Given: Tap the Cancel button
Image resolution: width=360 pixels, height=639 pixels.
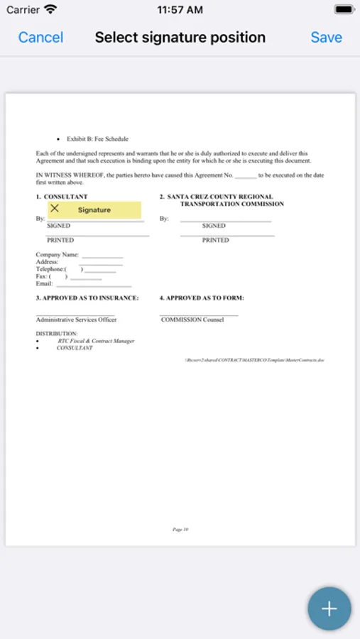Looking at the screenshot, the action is tap(40, 37).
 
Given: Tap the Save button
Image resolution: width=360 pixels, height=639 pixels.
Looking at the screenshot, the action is tap(326, 37).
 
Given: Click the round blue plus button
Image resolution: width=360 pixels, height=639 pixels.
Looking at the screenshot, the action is tap(329, 608).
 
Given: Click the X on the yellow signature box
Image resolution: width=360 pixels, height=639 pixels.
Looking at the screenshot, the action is tap(55, 209).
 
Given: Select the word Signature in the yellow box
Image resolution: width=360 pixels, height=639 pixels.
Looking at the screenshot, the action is tap(94, 210).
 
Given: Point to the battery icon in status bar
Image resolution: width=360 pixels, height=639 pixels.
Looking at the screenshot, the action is tap(343, 10).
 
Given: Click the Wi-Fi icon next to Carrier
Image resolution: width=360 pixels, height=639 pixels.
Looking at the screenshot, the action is tap(50, 10).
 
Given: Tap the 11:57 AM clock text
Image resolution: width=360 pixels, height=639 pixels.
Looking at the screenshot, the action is tap(180, 10).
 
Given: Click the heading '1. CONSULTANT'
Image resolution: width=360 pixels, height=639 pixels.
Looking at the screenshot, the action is tap(62, 197).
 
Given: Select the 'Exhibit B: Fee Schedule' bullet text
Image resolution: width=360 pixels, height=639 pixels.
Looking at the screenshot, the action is tap(97, 139).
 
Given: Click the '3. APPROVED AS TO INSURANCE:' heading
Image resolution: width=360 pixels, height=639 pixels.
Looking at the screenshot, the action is tap(87, 298).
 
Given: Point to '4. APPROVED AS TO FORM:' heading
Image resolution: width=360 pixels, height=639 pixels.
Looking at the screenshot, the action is tap(202, 298).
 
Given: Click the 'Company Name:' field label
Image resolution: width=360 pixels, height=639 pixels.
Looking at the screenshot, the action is tap(58, 254).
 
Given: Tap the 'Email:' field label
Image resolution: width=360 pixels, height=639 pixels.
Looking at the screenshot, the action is tap(45, 283).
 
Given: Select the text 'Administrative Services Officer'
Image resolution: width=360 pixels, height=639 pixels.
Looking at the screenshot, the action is tap(76, 319).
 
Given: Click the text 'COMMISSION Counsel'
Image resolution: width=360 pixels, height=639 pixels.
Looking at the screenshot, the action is tap(192, 319).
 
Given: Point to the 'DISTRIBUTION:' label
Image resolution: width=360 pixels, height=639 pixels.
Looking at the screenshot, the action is tap(57, 333).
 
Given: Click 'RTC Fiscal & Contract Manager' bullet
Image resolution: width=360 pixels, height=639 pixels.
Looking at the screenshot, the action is tap(96, 341).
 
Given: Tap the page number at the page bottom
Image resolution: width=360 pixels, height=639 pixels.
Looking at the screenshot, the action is tap(180, 529).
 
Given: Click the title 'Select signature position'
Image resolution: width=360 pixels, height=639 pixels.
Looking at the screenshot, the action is tap(180, 37).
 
